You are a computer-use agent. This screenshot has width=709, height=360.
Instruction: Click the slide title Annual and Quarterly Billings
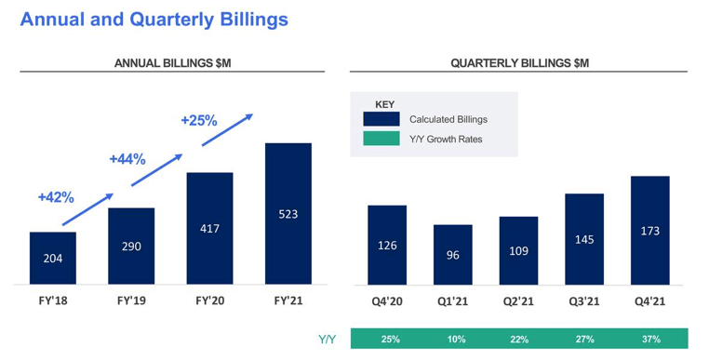click(154, 19)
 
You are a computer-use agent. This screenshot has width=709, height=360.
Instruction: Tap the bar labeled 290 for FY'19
click(131, 246)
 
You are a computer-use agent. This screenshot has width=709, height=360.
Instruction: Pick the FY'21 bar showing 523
click(288, 213)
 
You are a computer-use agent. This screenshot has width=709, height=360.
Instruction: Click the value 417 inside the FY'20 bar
click(209, 228)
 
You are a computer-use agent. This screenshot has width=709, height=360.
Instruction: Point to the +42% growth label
click(56, 197)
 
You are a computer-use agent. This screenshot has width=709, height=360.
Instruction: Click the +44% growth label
click(127, 159)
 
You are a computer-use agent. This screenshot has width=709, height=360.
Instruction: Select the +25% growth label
click(198, 121)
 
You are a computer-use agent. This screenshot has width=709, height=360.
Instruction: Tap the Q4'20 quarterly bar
click(387, 245)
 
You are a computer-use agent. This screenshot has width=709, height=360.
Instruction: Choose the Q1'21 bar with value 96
click(452, 254)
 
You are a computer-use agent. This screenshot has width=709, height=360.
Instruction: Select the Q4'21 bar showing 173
click(649, 230)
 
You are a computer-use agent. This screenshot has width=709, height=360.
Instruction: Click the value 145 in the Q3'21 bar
click(584, 239)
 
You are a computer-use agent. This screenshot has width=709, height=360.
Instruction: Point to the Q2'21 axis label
click(518, 301)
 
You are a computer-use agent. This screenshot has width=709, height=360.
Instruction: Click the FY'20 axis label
click(209, 301)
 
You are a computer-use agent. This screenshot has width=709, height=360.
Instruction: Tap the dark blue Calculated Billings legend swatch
click(381, 119)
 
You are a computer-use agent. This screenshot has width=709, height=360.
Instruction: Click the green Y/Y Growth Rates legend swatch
click(381, 140)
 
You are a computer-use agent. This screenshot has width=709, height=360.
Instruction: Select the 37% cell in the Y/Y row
click(650, 340)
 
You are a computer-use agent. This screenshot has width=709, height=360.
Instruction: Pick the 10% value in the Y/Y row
click(456, 340)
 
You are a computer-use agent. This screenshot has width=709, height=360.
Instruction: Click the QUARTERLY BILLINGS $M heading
click(519, 63)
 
